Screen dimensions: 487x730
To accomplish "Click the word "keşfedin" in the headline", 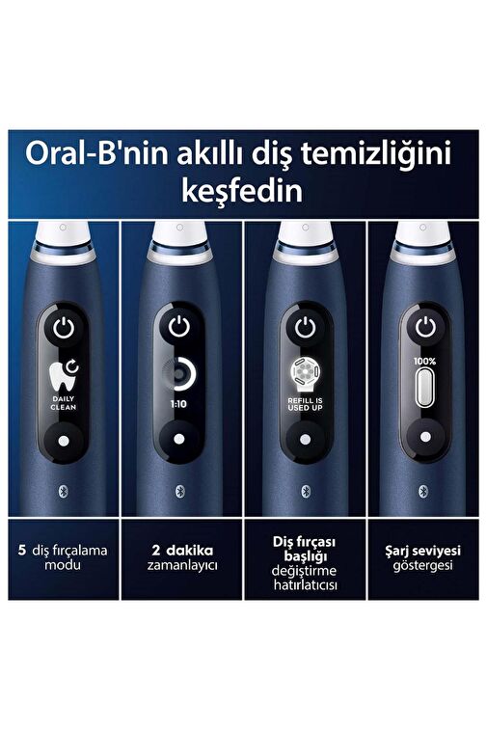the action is tap(242, 191).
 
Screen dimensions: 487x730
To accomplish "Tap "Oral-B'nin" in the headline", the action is tap(96, 153).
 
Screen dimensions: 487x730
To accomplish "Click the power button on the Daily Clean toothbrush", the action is tap(64, 329).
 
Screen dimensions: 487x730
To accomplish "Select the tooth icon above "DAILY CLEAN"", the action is tap(64, 375).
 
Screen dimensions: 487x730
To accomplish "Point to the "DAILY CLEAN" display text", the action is tap(64, 403).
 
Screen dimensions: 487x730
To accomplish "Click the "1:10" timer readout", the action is tap(178, 404).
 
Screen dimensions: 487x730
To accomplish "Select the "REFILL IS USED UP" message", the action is tap(305, 404).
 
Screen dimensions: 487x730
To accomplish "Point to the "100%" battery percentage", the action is tap(424, 362).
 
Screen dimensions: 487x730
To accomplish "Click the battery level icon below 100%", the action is tap(425, 388).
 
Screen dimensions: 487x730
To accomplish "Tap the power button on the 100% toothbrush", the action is tap(425, 328).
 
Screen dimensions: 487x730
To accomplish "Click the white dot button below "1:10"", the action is tap(179, 439).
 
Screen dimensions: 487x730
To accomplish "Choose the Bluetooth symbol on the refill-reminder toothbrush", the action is tap(306, 491).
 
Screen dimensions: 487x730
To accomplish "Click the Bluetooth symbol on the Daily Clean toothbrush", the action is tap(64, 492).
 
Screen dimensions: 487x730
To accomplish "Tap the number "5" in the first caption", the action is tap(22, 551).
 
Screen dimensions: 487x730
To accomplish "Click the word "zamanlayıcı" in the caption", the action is tap(182, 566).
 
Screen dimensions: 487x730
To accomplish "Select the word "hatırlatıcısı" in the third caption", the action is tap(305, 584).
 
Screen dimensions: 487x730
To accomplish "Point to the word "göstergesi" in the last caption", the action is tap(422, 566).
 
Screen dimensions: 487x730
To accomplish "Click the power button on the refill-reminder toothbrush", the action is tap(305, 328).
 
